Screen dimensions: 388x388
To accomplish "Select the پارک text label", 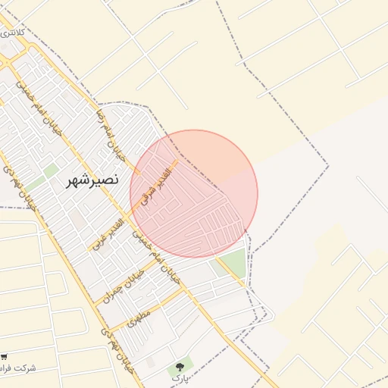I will point(178,377).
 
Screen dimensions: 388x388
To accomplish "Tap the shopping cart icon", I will point(4,356).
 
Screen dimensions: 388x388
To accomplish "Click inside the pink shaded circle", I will point(194,194).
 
